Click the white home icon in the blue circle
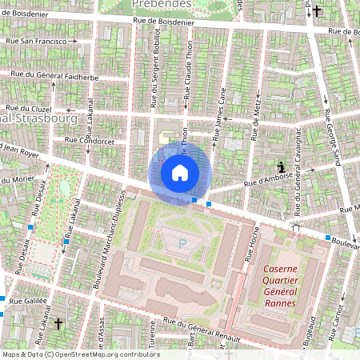click(180, 172)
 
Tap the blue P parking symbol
click(182, 242)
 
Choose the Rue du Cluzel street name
click(30, 108)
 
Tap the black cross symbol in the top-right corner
click(317, 11)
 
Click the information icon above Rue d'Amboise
click(282, 166)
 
